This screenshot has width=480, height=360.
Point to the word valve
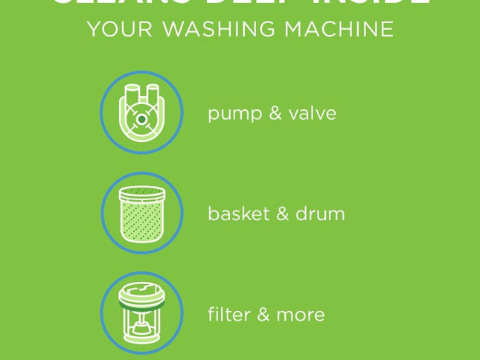(312, 114)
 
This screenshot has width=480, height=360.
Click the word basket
(235, 214)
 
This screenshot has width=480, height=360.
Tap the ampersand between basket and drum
(278, 214)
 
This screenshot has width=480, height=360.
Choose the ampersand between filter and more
(260, 314)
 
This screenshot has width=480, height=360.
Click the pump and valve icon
(141, 113)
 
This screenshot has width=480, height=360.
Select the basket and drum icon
(141, 213)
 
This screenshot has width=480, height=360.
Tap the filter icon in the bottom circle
(141, 312)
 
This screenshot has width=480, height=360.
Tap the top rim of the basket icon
(141, 192)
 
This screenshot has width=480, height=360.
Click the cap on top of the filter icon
(141, 290)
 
